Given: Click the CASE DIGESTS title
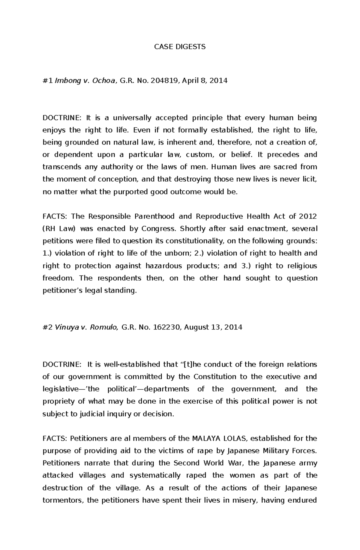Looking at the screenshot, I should (180, 46).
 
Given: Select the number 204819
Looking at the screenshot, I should (163, 81).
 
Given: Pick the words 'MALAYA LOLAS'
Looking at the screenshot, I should (219, 439).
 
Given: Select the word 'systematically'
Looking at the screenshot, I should (155, 475).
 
